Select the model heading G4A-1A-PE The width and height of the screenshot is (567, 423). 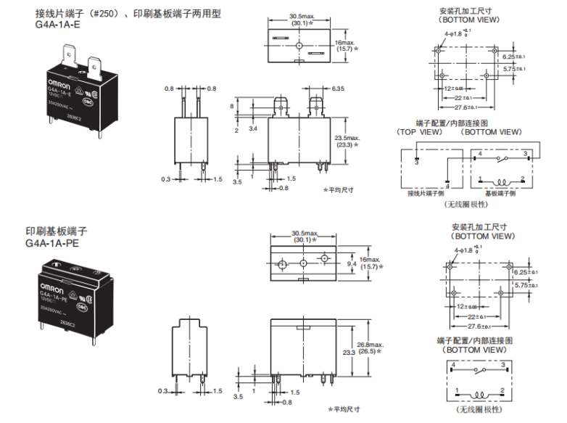(52, 243)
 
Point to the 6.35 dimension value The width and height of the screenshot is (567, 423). (338, 89)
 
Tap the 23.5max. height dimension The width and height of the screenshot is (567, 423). (347, 137)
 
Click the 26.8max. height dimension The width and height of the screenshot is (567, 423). (366, 345)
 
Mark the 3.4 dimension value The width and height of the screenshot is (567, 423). (252, 128)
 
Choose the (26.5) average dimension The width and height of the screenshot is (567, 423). (366, 353)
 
